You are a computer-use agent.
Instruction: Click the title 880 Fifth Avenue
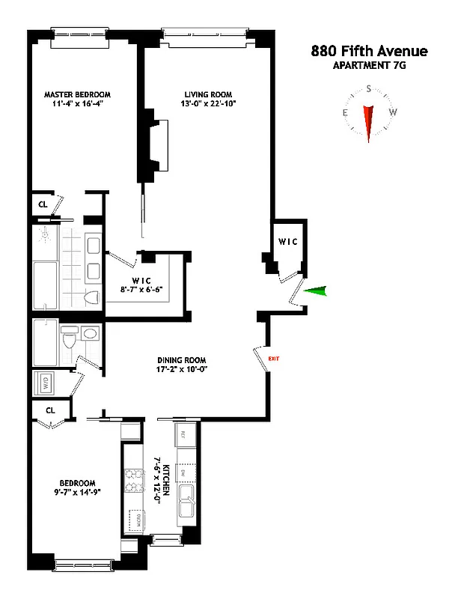pyautogui.click(x=369, y=52)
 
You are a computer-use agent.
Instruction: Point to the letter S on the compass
pyautogui.click(x=368, y=88)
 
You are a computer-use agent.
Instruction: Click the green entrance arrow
pyautogui.click(x=315, y=293)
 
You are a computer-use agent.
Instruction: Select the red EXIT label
pyautogui.click(x=273, y=360)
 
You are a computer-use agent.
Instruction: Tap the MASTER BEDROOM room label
pyautogui.click(x=77, y=94)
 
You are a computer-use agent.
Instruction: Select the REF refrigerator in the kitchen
pyautogui.click(x=181, y=434)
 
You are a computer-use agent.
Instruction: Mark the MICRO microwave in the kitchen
pyautogui.click(x=136, y=519)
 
